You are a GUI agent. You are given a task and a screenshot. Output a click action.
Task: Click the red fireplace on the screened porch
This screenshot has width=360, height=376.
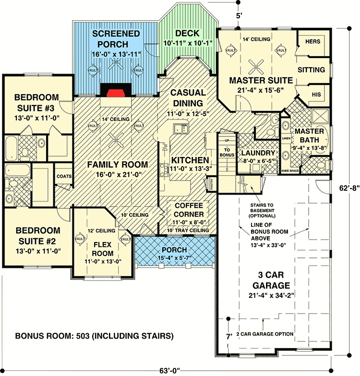point(113,93)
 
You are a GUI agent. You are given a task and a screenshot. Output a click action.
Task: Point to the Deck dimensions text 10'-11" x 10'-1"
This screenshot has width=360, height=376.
point(186,45)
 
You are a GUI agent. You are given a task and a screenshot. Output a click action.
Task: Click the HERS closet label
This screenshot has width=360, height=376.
point(312,42)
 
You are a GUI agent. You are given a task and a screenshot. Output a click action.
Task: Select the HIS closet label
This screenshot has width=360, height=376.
point(316,95)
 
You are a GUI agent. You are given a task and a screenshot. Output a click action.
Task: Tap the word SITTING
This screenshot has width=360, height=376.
point(311,70)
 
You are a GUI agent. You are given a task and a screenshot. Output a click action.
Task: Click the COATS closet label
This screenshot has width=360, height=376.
point(64,176)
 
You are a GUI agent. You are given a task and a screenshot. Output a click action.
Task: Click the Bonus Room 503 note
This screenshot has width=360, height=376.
point(94,335)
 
